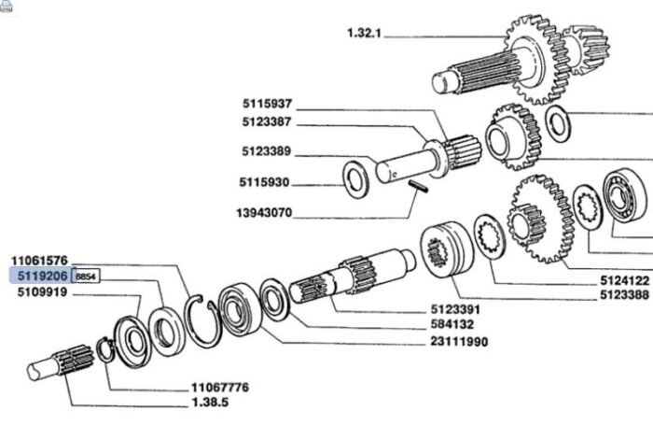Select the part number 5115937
pyautogui.click(x=266, y=104)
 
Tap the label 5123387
pyautogui.click(x=266, y=123)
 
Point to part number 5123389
pyautogui.click(x=266, y=151)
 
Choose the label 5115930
pyautogui.click(x=266, y=182)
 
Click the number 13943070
pyautogui.click(x=263, y=212)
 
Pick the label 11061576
pyautogui.click(x=39, y=260)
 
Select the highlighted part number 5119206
pyautogui.click(x=39, y=277)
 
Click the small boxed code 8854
pyautogui.click(x=86, y=277)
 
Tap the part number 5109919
pyautogui.click(x=39, y=292)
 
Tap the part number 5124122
pyautogui.click(x=623, y=278)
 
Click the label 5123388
pyautogui.click(x=623, y=293)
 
